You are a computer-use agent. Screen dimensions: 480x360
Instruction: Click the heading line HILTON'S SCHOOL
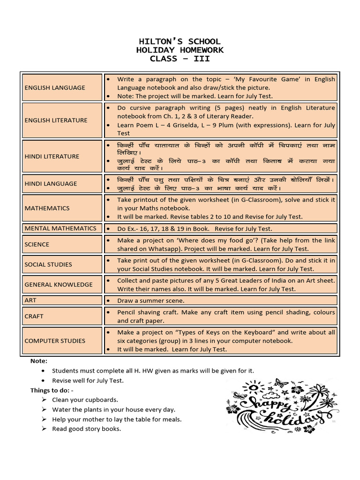pyautogui.click(x=180, y=41)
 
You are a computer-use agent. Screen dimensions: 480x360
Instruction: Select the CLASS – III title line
pyautogui.click(x=180, y=59)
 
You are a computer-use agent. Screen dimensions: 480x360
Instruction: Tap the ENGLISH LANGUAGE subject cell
pyautogui.click(x=55, y=88)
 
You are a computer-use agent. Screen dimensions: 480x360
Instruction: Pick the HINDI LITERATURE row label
pyautogui.click(x=52, y=157)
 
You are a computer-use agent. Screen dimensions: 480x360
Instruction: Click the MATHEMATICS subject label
pyautogui.click(x=47, y=208)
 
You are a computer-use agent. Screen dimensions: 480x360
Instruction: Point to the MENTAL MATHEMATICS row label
pyautogui.click(x=60, y=228)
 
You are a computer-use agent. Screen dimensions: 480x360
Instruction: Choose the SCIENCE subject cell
pyautogui.click(x=37, y=244)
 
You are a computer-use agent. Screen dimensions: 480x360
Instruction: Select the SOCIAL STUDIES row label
pyautogui.click(x=48, y=264)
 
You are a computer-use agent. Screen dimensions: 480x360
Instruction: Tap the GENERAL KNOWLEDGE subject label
pyautogui.click(x=59, y=285)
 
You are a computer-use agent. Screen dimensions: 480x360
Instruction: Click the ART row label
pyautogui.click(x=31, y=300)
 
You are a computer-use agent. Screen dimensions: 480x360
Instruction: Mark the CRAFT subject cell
pyautogui.click(x=34, y=316)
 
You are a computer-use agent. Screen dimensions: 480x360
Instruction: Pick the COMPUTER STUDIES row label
pyautogui.click(x=55, y=341)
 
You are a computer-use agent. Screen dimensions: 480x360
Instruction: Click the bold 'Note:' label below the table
pyautogui.click(x=39, y=361)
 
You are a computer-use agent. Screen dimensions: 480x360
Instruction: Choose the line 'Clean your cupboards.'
pyautogui.click(x=85, y=400)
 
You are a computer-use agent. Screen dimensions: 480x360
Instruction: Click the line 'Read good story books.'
pyautogui.click(x=86, y=429)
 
